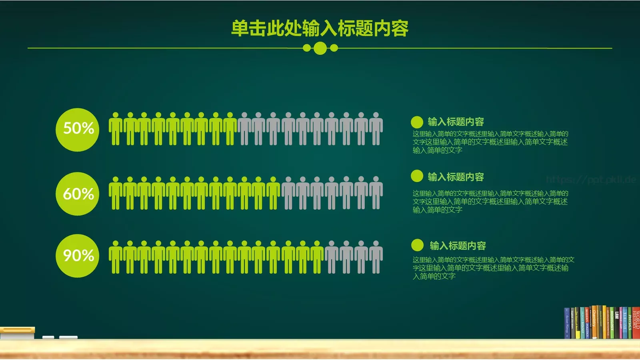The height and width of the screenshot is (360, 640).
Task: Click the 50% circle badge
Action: pos(77,130)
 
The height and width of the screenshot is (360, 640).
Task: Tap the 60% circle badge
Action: pos(77,194)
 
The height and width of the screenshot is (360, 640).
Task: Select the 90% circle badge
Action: pos(77,256)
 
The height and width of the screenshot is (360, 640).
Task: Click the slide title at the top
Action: pos(320,28)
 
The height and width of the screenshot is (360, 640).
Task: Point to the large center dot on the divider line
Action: pos(320,48)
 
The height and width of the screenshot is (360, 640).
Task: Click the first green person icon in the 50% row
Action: pos(116,129)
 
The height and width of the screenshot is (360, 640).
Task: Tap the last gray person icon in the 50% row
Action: pos(376,129)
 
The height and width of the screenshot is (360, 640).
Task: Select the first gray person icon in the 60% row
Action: pos(288,193)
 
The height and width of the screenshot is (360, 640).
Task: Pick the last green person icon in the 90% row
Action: pos(317,257)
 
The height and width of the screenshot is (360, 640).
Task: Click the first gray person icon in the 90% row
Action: pos(332,257)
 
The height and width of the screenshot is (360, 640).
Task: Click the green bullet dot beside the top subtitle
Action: pos(417,122)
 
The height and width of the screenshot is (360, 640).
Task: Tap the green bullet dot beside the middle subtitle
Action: pos(417,176)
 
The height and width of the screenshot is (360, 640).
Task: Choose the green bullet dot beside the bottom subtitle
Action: pos(417,245)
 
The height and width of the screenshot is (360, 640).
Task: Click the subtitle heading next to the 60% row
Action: pos(456,177)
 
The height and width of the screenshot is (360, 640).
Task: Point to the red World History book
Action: pos(636,323)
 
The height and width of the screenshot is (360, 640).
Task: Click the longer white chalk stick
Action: pos(68,338)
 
